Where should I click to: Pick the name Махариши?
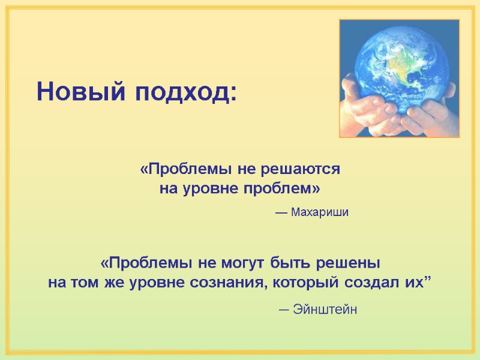coord(319,212)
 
